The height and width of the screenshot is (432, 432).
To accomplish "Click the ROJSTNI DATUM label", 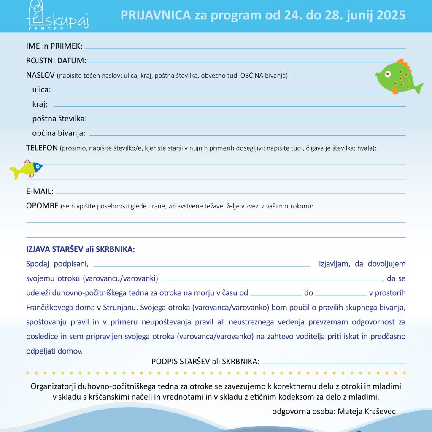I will point(56,61).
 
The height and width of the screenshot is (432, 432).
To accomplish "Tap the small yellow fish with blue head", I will point(26,169).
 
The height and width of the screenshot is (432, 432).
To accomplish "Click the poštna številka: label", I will point(59,119).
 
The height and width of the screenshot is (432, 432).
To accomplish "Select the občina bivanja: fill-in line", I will point(247,135).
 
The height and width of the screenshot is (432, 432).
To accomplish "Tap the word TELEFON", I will point(42,148).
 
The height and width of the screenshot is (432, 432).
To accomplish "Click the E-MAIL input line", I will point(230,193).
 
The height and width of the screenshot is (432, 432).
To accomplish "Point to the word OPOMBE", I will point(42,206).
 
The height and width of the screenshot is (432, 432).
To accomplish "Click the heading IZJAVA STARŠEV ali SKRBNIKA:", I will point(81,249).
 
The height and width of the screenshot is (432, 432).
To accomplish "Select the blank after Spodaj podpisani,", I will point(201,266).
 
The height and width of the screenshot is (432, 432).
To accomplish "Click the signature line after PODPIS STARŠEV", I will point(333,363).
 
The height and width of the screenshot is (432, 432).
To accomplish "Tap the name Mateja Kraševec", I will point(367,411).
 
